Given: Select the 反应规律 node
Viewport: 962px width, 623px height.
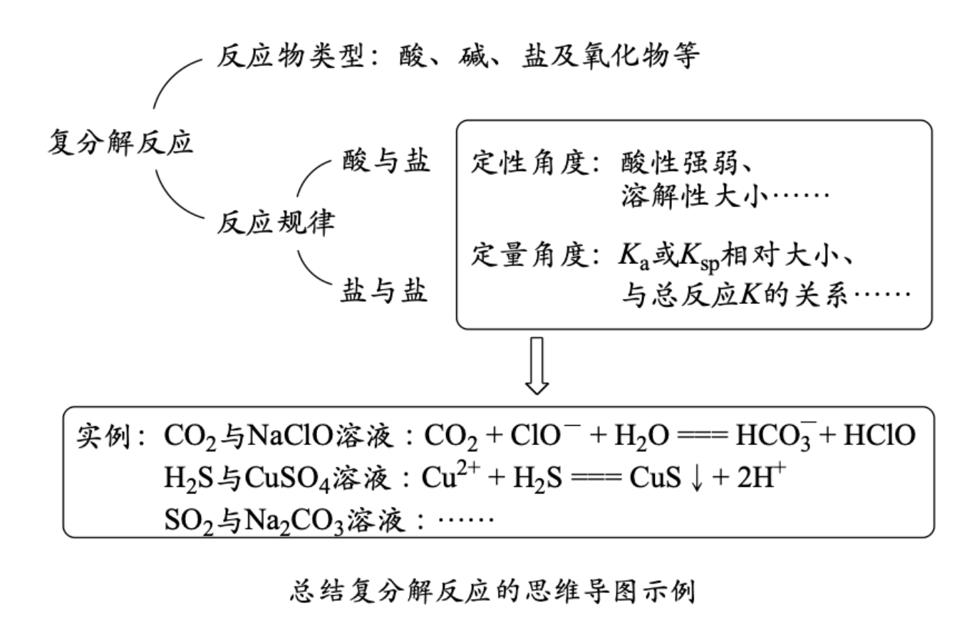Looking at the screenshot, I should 275,224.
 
